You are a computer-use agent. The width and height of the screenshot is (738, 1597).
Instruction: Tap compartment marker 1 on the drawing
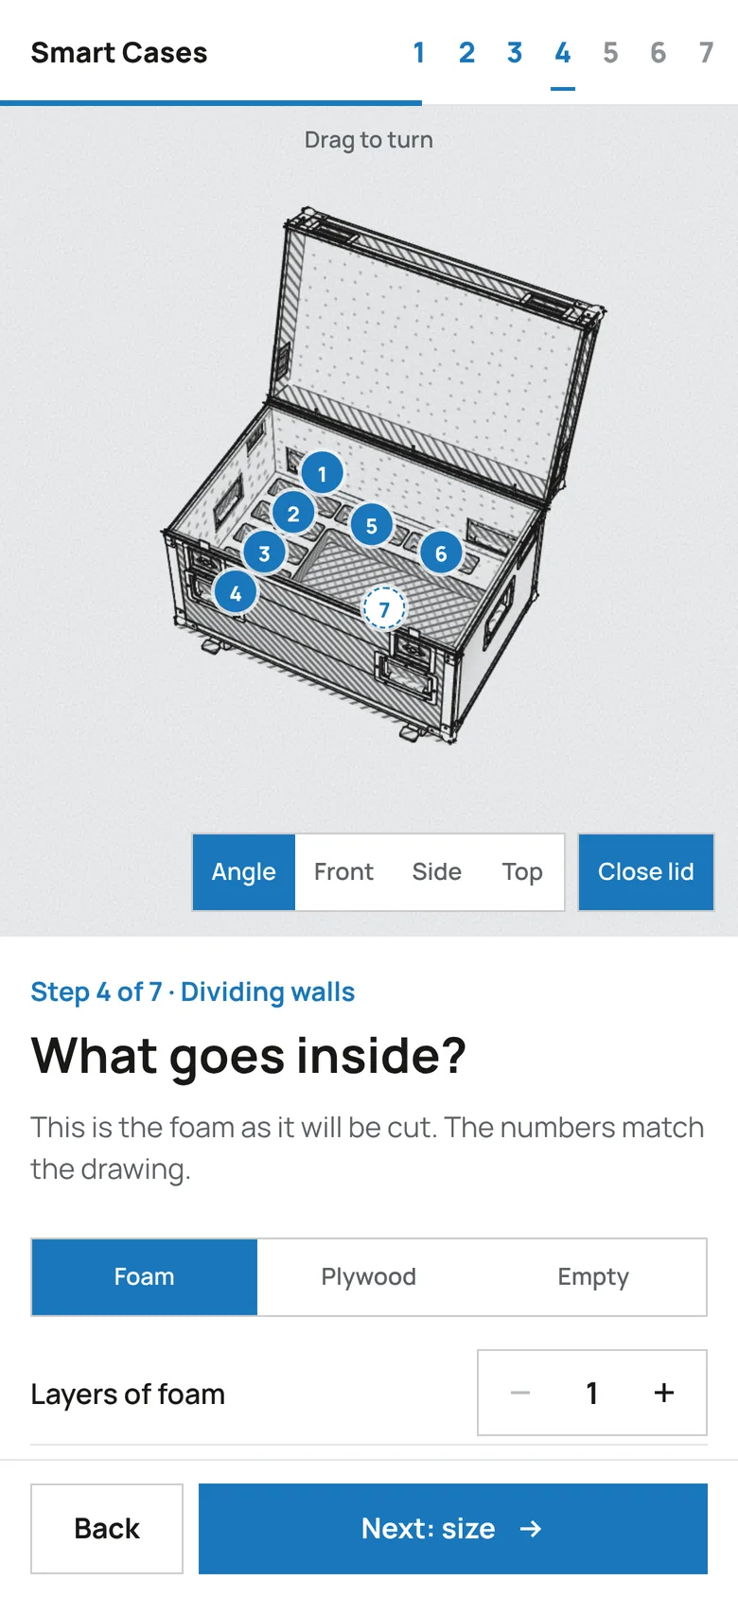click(322, 473)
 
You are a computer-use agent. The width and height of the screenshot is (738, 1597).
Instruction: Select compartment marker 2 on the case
click(293, 514)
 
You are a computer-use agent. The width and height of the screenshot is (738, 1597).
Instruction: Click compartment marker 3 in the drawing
click(265, 553)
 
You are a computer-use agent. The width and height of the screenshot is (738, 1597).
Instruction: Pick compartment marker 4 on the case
click(236, 593)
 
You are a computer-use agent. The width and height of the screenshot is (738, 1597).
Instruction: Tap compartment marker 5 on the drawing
click(372, 525)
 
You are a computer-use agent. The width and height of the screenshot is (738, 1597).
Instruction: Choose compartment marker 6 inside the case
click(441, 553)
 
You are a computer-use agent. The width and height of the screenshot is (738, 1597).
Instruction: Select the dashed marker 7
click(384, 609)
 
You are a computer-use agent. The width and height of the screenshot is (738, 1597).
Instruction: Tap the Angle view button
click(244, 872)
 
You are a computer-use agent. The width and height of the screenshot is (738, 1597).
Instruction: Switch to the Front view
click(343, 872)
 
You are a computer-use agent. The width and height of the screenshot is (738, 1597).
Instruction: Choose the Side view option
click(437, 872)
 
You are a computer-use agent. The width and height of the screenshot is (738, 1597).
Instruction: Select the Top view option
click(522, 872)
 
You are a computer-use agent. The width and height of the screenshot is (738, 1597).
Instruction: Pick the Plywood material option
click(369, 1277)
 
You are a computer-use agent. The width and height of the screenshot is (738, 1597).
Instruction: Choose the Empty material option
click(593, 1277)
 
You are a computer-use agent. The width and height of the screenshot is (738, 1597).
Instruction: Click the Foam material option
click(145, 1277)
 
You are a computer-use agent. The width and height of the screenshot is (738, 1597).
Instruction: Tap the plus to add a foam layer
click(664, 1393)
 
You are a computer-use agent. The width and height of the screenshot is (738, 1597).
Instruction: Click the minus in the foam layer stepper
click(520, 1393)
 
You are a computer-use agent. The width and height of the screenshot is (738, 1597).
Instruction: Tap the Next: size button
click(453, 1529)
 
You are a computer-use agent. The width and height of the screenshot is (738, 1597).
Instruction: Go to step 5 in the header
click(610, 53)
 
